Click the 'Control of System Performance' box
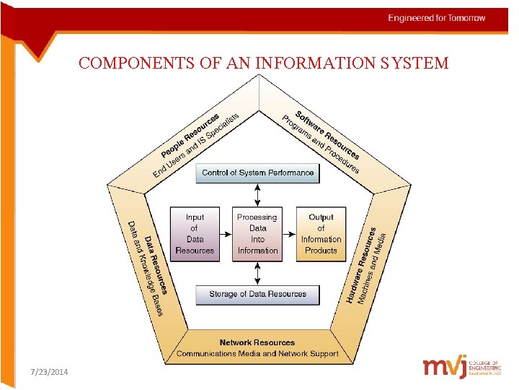pos(257,173)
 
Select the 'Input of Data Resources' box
pos(195,234)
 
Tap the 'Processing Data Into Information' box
pos(257,234)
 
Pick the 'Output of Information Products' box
pos(321,234)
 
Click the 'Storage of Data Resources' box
pos(257,295)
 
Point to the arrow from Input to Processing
pos(226,234)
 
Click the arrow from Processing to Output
pos(289,234)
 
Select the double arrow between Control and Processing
pos(258,195)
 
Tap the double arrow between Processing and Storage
pos(258,272)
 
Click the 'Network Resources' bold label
pos(257,342)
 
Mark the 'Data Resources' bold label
pos(156,264)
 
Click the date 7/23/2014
pos(50,371)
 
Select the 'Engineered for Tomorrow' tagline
pos(437,18)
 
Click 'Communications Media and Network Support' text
pos(257,354)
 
